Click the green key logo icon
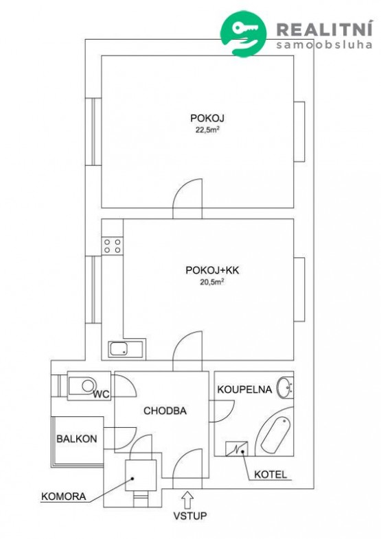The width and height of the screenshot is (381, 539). click(x=243, y=34)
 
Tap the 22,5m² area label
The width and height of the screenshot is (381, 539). click(x=207, y=130)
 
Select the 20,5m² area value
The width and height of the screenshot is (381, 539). click(x=212, y=283)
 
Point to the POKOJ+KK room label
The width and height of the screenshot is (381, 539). click(x=212, y=270)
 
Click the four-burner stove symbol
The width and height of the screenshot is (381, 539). click(x=112, y=245)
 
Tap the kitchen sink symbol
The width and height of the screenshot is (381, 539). click(x=126, y=349)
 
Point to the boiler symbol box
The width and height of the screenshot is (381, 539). click(x=236, y=448)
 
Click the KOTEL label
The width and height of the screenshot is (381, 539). click(x=270, y=475)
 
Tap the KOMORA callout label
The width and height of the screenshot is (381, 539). click(x=64, y=496)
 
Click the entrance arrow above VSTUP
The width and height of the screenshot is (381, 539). click(x=187, y=499)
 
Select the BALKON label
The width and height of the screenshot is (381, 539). click(x=77, y=439)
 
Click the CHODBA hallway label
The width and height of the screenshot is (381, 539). click(x=165, y=411)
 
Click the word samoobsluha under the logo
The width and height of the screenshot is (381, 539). click(x=324, y=45)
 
